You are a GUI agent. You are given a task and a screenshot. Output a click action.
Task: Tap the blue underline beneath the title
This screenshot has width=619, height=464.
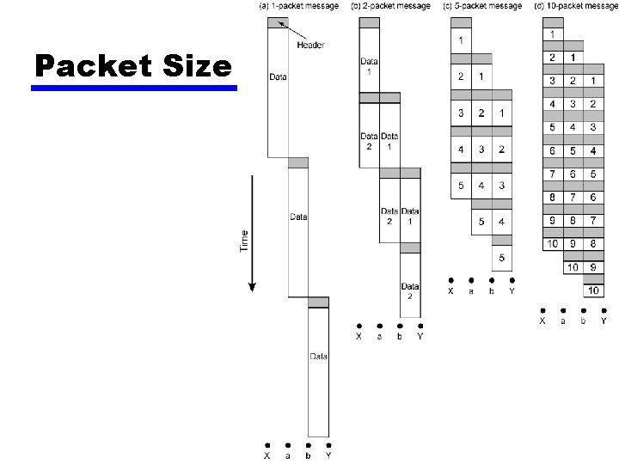click(x=135, y=88)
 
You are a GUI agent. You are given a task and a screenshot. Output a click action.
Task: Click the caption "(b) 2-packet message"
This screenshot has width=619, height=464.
click(x=390, y=6)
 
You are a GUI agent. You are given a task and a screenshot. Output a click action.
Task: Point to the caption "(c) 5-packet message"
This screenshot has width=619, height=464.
click(x=482, y=6)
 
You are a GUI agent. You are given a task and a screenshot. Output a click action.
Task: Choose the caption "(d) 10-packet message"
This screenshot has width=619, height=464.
click(x=576, y=6)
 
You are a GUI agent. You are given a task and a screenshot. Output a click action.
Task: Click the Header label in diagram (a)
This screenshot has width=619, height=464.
click(x=309, y=45)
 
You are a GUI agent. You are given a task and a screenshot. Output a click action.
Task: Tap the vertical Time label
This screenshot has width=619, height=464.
click(x=243, y=240)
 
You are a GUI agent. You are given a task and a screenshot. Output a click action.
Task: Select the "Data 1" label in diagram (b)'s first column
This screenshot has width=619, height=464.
click(x=369, y=65)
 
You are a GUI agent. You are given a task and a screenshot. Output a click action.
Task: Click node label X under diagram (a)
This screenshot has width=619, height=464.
click(x=267, y=456)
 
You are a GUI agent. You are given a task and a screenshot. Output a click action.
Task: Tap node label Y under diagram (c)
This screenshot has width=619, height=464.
click(x=512, y=291)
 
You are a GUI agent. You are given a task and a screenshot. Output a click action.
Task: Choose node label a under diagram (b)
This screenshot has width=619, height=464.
click(x=379, y=337)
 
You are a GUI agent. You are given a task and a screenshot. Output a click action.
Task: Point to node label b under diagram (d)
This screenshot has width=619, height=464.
click(x=584, y=321)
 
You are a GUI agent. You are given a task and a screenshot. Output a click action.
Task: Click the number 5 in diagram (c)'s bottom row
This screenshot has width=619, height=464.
click(x=501, y=258)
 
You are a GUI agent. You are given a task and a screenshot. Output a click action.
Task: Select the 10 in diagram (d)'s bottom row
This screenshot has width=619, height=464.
click(x=593, y=291)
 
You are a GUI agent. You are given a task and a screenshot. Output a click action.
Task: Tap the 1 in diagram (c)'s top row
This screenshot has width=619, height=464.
click(x=461, y=40)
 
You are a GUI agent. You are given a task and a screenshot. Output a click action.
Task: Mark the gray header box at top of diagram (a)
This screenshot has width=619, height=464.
click(x=278, y=22)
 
